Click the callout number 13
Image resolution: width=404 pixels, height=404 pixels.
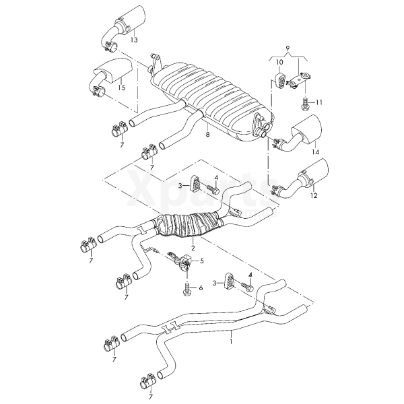134,41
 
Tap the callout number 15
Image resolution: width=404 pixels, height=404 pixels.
122,88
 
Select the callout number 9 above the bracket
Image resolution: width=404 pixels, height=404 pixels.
288,49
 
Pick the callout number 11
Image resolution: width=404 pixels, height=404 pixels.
320,102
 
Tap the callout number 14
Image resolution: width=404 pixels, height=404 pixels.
314,153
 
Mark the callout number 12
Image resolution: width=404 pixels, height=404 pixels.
313,196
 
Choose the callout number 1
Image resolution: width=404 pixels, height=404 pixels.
232,341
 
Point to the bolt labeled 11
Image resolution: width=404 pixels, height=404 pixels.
305,103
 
